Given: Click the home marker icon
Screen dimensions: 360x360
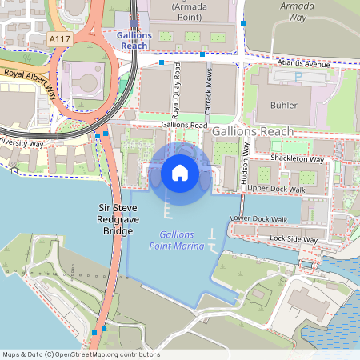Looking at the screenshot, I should tap(180, 172).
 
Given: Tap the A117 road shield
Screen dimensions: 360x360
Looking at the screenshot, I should tap(58, 38).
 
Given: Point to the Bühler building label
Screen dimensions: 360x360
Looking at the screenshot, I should tap(284, 105).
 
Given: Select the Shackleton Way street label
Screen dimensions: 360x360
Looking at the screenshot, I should tap(297, 159).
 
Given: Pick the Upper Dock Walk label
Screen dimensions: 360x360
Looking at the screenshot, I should tap(276, 190).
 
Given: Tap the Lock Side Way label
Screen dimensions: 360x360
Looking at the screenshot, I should tap(294, 239).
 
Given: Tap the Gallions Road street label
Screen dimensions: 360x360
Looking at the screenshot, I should tap(184, 126).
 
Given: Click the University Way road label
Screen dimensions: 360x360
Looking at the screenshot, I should tap(22, 143).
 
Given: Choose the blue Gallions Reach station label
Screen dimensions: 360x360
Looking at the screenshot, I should tap(131, 41).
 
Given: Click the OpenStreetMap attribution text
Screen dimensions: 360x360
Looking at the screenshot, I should tap(81, 354).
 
